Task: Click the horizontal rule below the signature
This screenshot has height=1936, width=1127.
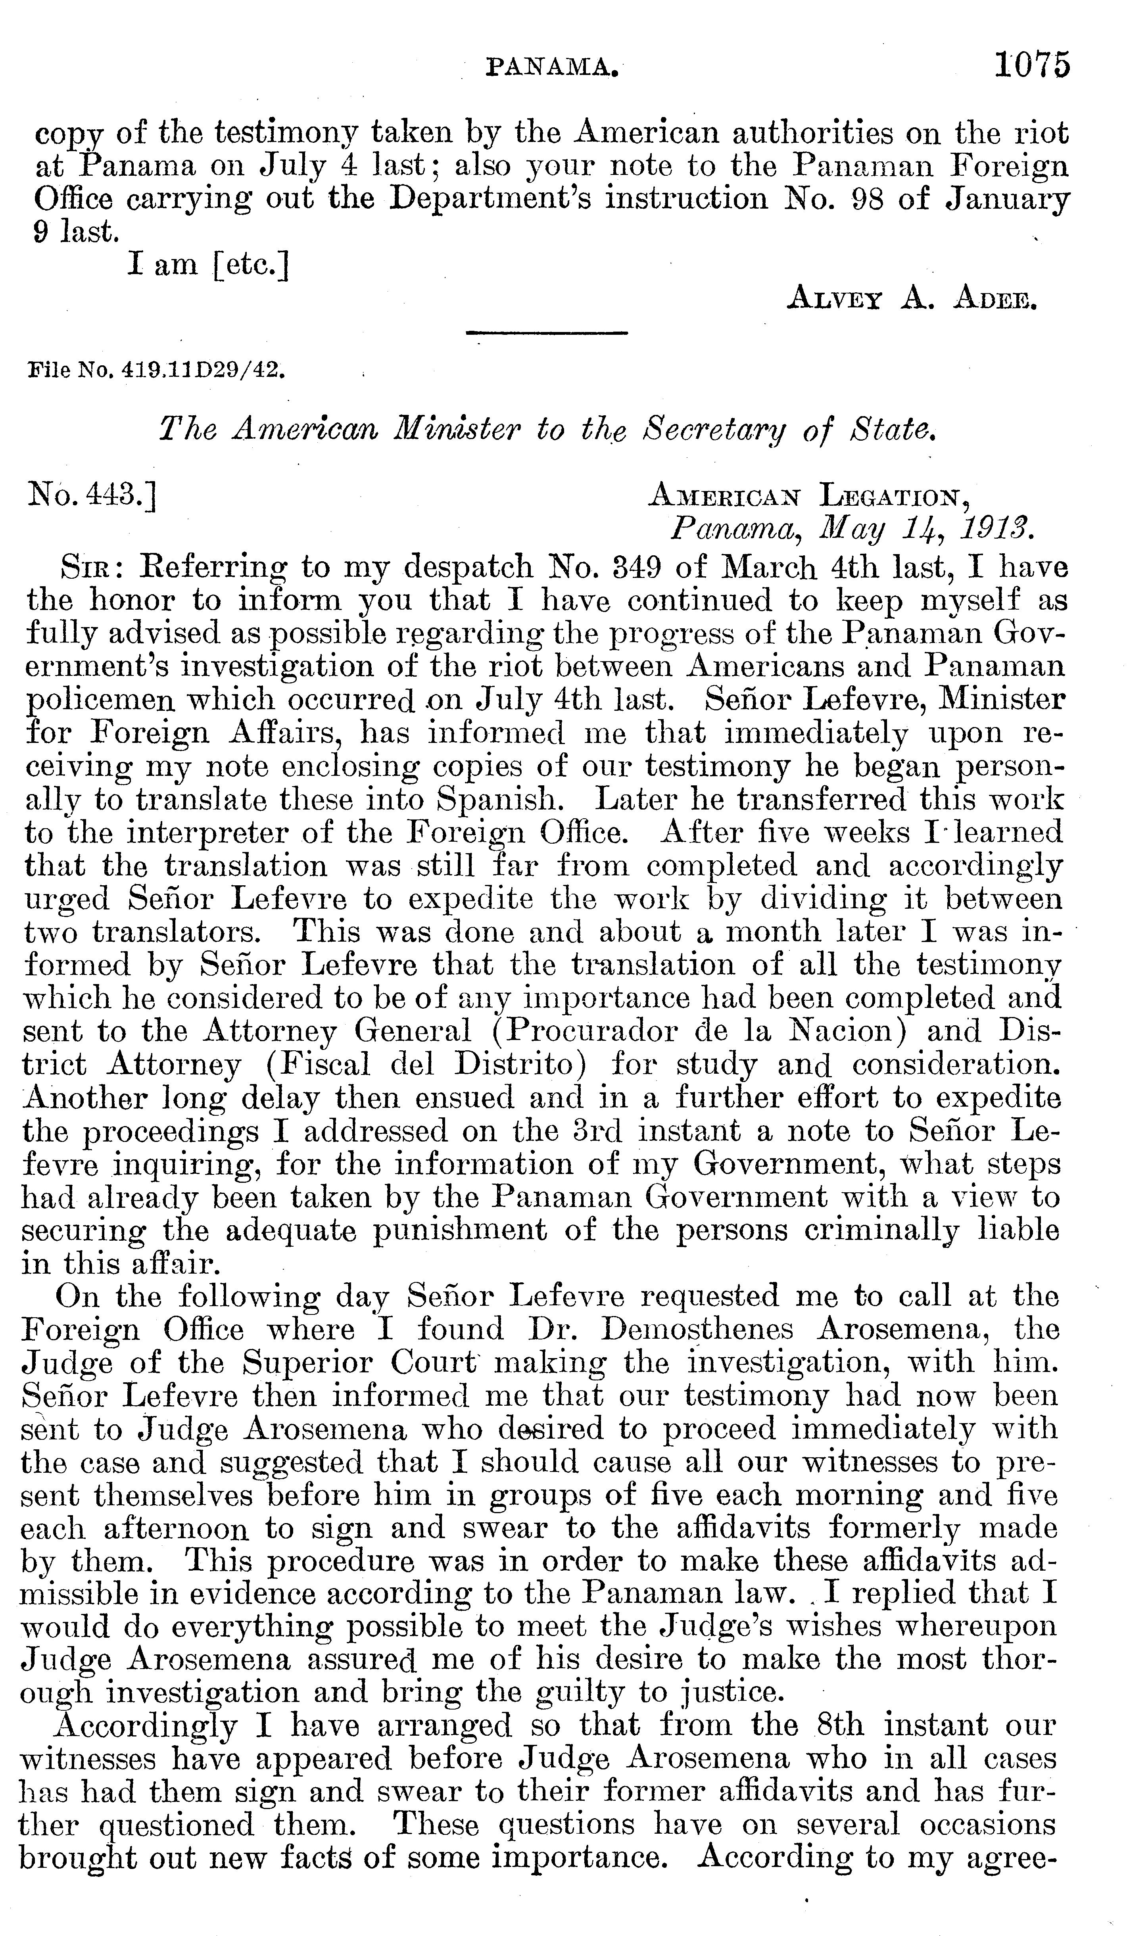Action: click(x=547, y=333)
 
